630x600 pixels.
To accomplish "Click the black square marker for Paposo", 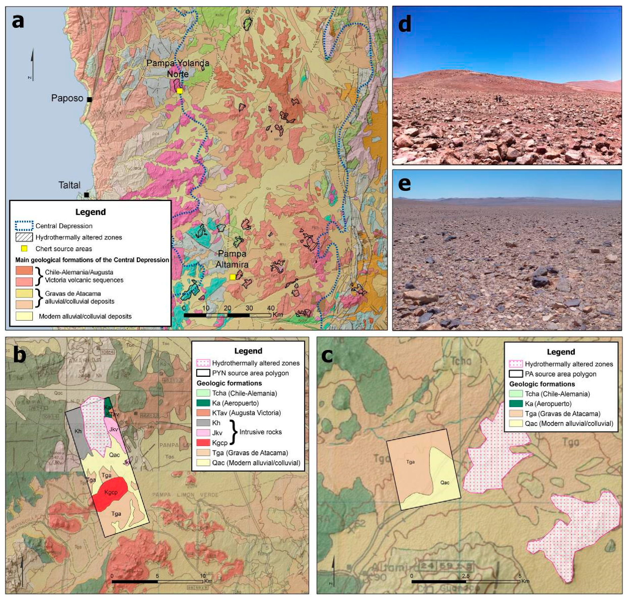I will click(x=89, y=99).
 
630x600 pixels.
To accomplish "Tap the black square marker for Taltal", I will click(x=86, y=195).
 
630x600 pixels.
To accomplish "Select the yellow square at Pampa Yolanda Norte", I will click(x=179, y=91).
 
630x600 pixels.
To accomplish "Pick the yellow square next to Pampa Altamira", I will click(x=233, y=277).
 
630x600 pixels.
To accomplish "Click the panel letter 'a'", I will click(x=18, y=21).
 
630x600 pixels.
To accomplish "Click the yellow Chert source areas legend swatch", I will click(x=24, y=249).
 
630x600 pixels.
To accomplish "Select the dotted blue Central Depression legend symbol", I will click(x=24, y=226).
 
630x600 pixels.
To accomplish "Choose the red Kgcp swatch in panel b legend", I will click(x=203, y=442).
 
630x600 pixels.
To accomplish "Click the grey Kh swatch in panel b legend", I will click(x=203, y=423).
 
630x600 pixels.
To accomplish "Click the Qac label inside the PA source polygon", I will click(x=445, y=483).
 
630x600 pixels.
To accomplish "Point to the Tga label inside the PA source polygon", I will click(x=410, y=462).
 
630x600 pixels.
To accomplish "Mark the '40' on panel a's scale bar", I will click(x=270, y=308).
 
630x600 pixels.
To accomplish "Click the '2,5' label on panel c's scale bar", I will click(x=466, y=576).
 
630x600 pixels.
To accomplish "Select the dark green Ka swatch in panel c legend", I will click(x=516, y=404).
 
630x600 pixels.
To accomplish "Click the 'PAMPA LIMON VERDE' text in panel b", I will click(x=185, y=495).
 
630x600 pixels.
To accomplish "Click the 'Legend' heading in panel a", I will click(x=90, y=212).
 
